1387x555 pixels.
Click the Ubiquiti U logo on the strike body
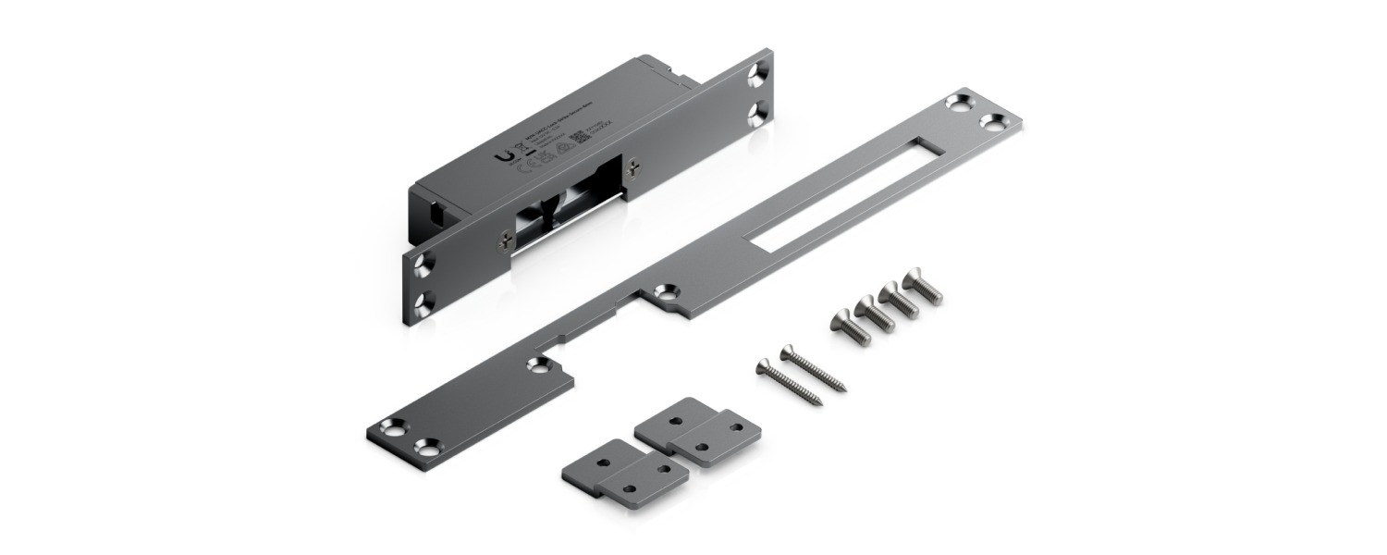504,157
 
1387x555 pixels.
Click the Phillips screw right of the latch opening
633,166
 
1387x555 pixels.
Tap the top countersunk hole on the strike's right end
759,71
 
